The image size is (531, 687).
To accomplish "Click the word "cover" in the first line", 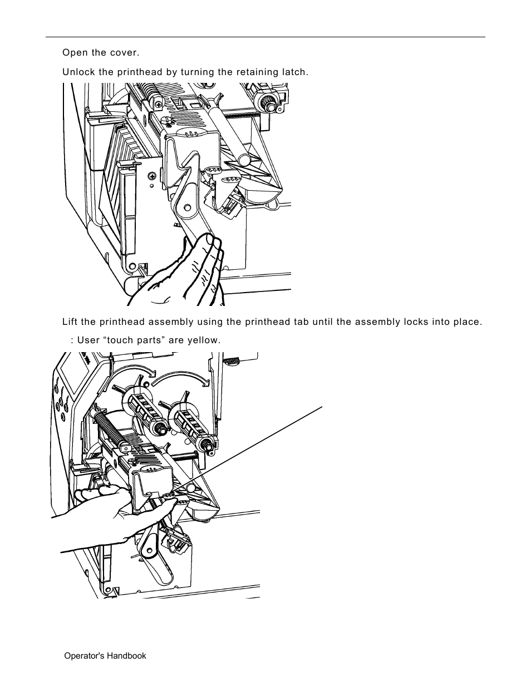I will [x=124, y=53].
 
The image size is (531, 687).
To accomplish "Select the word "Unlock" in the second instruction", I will [x=77, y=72].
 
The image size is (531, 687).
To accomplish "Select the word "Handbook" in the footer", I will [x=125, y=656].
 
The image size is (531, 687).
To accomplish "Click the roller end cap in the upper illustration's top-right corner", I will [x=269, y=103].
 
